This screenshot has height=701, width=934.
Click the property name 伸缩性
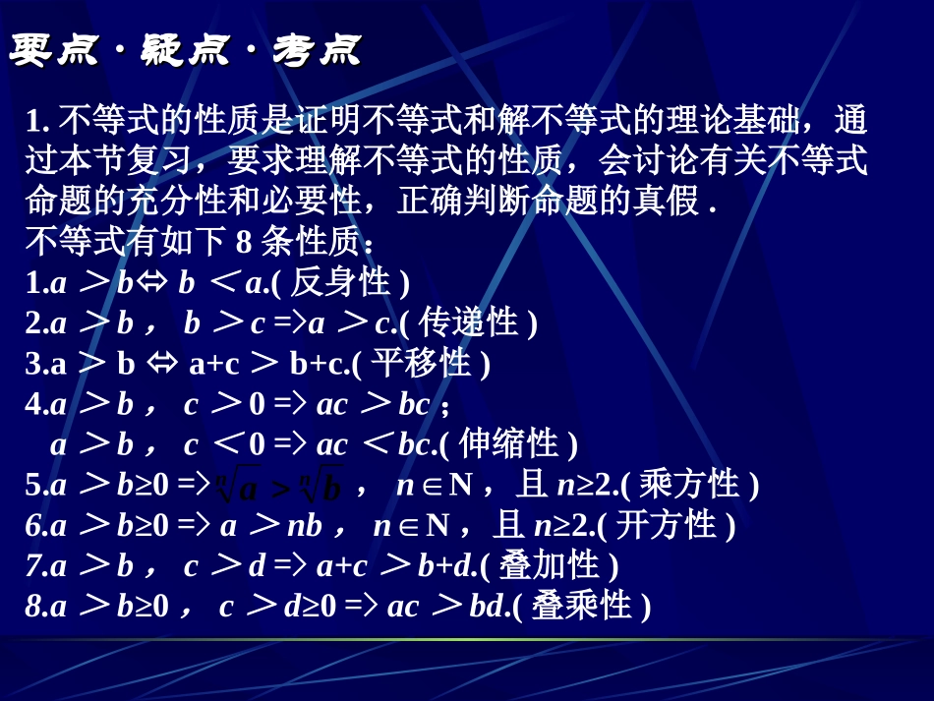[x=508, y=443]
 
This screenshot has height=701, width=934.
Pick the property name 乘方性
[x=689, y=484]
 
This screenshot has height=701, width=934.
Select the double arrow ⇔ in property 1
[x=153, y=283]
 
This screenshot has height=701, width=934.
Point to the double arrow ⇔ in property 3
[x=162, y=363]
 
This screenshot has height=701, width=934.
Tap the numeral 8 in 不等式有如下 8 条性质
[x=243, y=242]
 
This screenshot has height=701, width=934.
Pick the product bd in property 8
[x=487, y=606]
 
